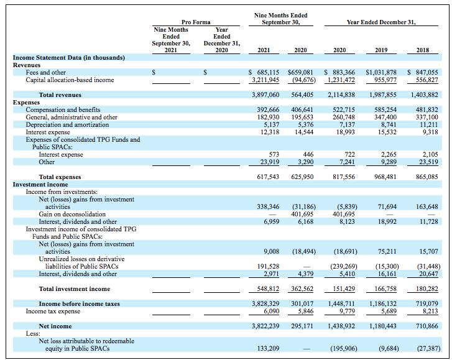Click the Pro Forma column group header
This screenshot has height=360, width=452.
coord(195,22)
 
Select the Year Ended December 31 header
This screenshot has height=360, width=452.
coord(381,22)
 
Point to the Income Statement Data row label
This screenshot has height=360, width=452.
coord(69,58)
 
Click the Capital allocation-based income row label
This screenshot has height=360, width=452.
coord(70,80)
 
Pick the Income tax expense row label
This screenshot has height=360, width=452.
coord(53,311)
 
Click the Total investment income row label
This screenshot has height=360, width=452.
coord(74,289)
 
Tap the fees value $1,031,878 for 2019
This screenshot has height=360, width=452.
coord(381,73)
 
